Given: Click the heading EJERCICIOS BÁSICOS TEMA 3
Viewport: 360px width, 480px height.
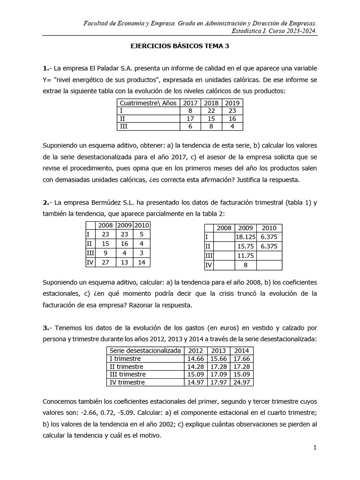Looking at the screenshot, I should (180, 47).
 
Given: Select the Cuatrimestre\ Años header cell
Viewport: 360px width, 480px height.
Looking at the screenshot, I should (149, 103).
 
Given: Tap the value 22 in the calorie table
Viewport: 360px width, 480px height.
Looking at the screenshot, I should (211, 111).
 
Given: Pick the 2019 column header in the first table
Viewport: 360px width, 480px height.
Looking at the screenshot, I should (232, 103).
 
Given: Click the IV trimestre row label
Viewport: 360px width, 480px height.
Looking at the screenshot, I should (127, 382).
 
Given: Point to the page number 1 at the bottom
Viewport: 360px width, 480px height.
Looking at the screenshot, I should (315, 448).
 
